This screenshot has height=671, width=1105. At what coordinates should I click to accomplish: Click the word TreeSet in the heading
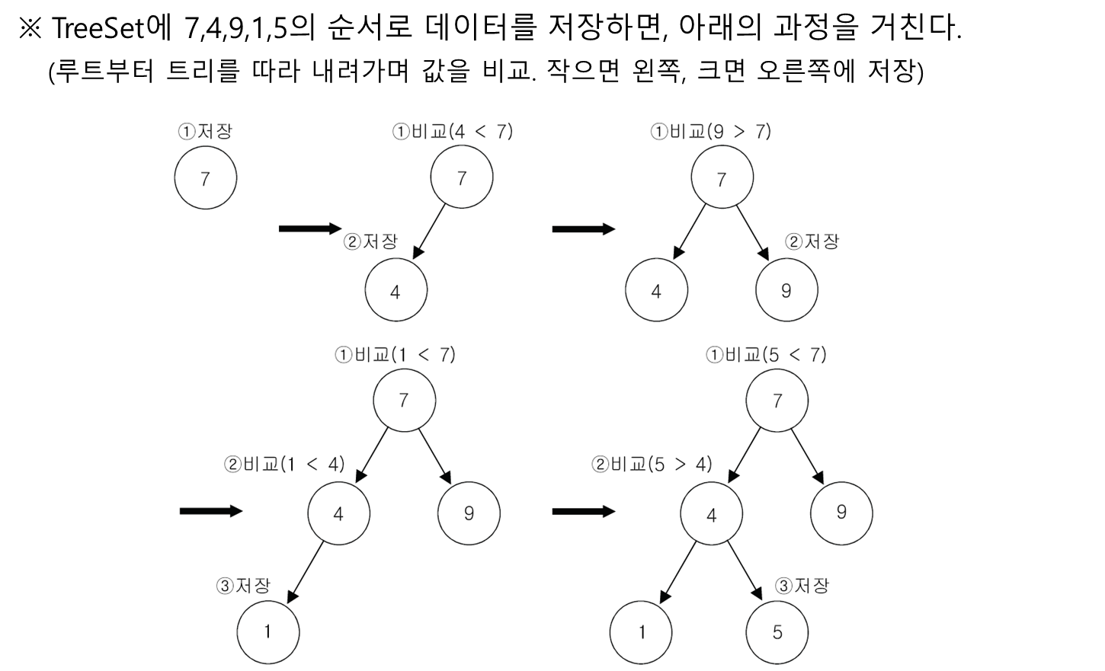click(98, 27)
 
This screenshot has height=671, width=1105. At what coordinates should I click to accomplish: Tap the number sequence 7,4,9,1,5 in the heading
click(235, 29)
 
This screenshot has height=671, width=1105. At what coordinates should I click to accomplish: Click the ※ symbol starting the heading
click(30, 28)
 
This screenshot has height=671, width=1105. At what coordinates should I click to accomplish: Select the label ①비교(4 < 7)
click(453, 132)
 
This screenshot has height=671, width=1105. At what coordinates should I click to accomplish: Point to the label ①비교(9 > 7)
click(710, 132)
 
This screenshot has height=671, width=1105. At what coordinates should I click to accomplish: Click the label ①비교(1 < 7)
click(395, 355)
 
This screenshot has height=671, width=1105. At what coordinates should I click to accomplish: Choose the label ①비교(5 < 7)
click(766, 355)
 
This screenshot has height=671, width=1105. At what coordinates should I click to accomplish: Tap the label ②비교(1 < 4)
click(284, 465)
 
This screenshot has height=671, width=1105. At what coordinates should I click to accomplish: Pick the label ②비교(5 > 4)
click(652, 465)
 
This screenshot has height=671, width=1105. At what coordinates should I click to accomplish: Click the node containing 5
click(777, 633)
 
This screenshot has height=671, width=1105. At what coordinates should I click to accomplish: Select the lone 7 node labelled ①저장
click(205, 178)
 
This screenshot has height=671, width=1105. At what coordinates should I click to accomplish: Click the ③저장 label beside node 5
click(802, 586)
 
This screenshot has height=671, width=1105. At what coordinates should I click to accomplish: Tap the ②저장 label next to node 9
click(812, 241)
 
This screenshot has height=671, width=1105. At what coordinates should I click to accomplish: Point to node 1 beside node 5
click(641, 633)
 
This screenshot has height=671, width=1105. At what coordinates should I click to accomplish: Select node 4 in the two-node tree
click(396, 290)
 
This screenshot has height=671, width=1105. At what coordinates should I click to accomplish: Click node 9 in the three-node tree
click(786, 290)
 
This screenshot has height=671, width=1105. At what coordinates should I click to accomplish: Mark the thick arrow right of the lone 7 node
click(310, 228)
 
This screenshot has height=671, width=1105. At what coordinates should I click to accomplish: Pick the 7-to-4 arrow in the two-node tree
click(429, 232)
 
